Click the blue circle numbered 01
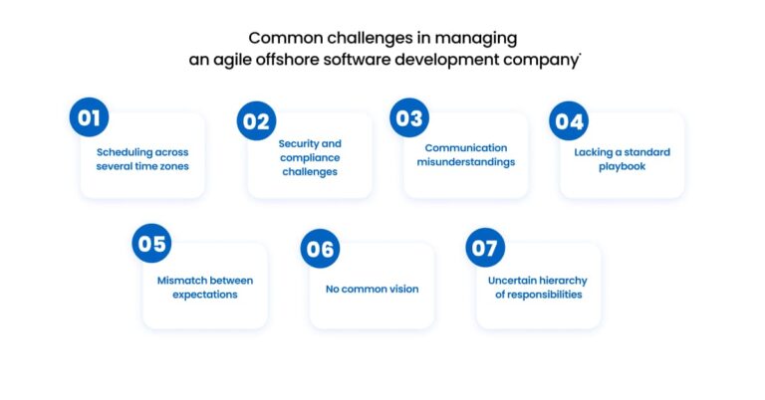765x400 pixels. coord(89,117)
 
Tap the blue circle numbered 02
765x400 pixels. coord(256,121)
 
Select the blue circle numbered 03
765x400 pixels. coord(408,117)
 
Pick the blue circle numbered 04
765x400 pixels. coord(569,121)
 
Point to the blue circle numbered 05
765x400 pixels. coord(151,243)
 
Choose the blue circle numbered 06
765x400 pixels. coord(320,248)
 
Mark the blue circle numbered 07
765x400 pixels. coord(485,247)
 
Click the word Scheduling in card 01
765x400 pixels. coord(124,152)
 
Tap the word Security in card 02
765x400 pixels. coord(296,143)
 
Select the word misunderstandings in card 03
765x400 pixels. coord(465,162)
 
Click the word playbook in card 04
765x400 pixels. coord(623,166)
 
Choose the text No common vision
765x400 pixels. coord(372,289)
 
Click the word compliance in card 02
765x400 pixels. coord(309,157)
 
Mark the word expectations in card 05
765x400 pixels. coord(204,295)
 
